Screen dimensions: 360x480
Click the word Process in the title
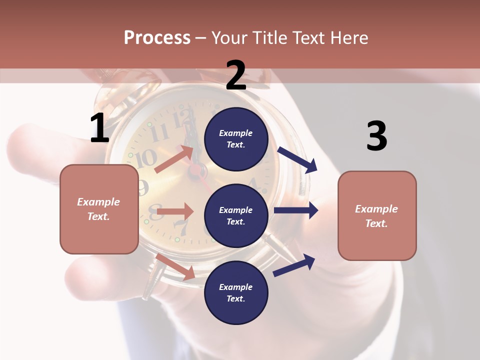point(157,37)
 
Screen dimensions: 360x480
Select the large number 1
point(99,128)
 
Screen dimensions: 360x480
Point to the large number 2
point(236,75)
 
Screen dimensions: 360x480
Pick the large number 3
point(376,136)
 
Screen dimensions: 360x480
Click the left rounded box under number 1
point(99,209)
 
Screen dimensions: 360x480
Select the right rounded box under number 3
point(377,216)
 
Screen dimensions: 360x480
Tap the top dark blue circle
point(236,139)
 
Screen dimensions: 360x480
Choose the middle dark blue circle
point(236,215)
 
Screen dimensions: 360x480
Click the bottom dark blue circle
point(236,292)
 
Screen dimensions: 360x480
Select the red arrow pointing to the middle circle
point(175,211)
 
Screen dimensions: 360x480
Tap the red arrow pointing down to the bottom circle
point(175,266)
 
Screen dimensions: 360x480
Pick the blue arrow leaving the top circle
point(297,159)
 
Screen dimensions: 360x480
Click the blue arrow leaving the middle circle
point(296,210)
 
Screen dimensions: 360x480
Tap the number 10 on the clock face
point(146,158)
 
